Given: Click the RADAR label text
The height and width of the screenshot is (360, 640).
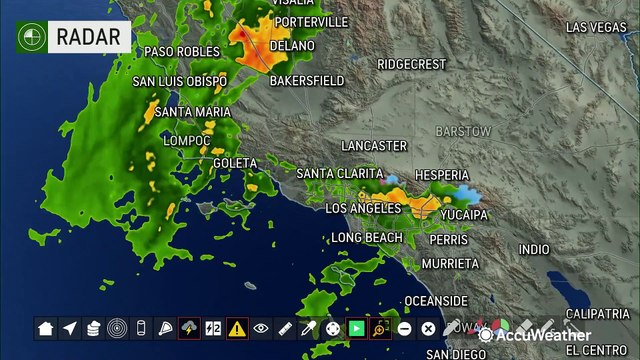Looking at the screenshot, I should coord(92,38).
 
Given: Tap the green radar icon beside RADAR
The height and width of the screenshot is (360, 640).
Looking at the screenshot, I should coord(31,38).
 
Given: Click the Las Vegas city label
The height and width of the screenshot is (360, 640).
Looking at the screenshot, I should coord(596,27).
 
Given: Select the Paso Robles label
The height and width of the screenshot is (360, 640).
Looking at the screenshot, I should coord(181,51).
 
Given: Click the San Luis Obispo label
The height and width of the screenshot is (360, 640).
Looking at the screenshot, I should coord(180,81).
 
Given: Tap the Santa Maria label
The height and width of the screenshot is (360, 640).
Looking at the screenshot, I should coord(193,111).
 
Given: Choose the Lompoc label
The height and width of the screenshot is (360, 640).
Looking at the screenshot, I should coord(187,141).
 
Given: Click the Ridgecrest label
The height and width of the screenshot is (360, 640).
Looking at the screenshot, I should coord(411,64).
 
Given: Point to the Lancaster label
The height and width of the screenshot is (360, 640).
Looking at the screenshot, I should coord(373,146).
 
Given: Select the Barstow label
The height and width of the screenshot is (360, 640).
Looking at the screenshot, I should coord(463,132).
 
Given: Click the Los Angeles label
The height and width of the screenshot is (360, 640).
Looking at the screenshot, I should coord(364,208).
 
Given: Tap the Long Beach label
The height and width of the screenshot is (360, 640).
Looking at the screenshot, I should coord(367,238).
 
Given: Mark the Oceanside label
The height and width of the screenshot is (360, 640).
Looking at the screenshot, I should coord(435,301).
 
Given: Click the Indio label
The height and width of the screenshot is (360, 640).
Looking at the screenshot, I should coord(534,249).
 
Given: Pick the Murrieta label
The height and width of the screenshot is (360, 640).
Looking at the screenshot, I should coord(450,264).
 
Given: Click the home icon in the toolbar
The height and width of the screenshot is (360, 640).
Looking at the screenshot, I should coord(45,328).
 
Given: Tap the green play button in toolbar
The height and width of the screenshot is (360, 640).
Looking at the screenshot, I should coord(356,328).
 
